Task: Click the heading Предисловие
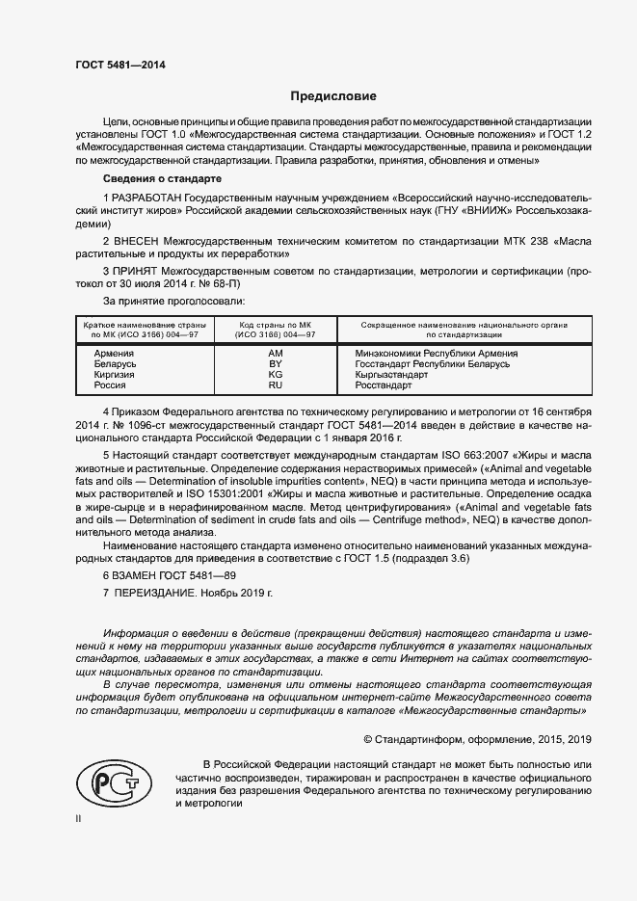[x=333, y=96]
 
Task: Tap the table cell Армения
[x=114, y=354]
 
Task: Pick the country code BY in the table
[x=275, y=364]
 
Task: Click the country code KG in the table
[x=275, y=375]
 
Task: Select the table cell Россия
[x=110, y=385]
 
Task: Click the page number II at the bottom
[x=79, y=818]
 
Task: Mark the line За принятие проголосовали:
[x=160, y=302]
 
